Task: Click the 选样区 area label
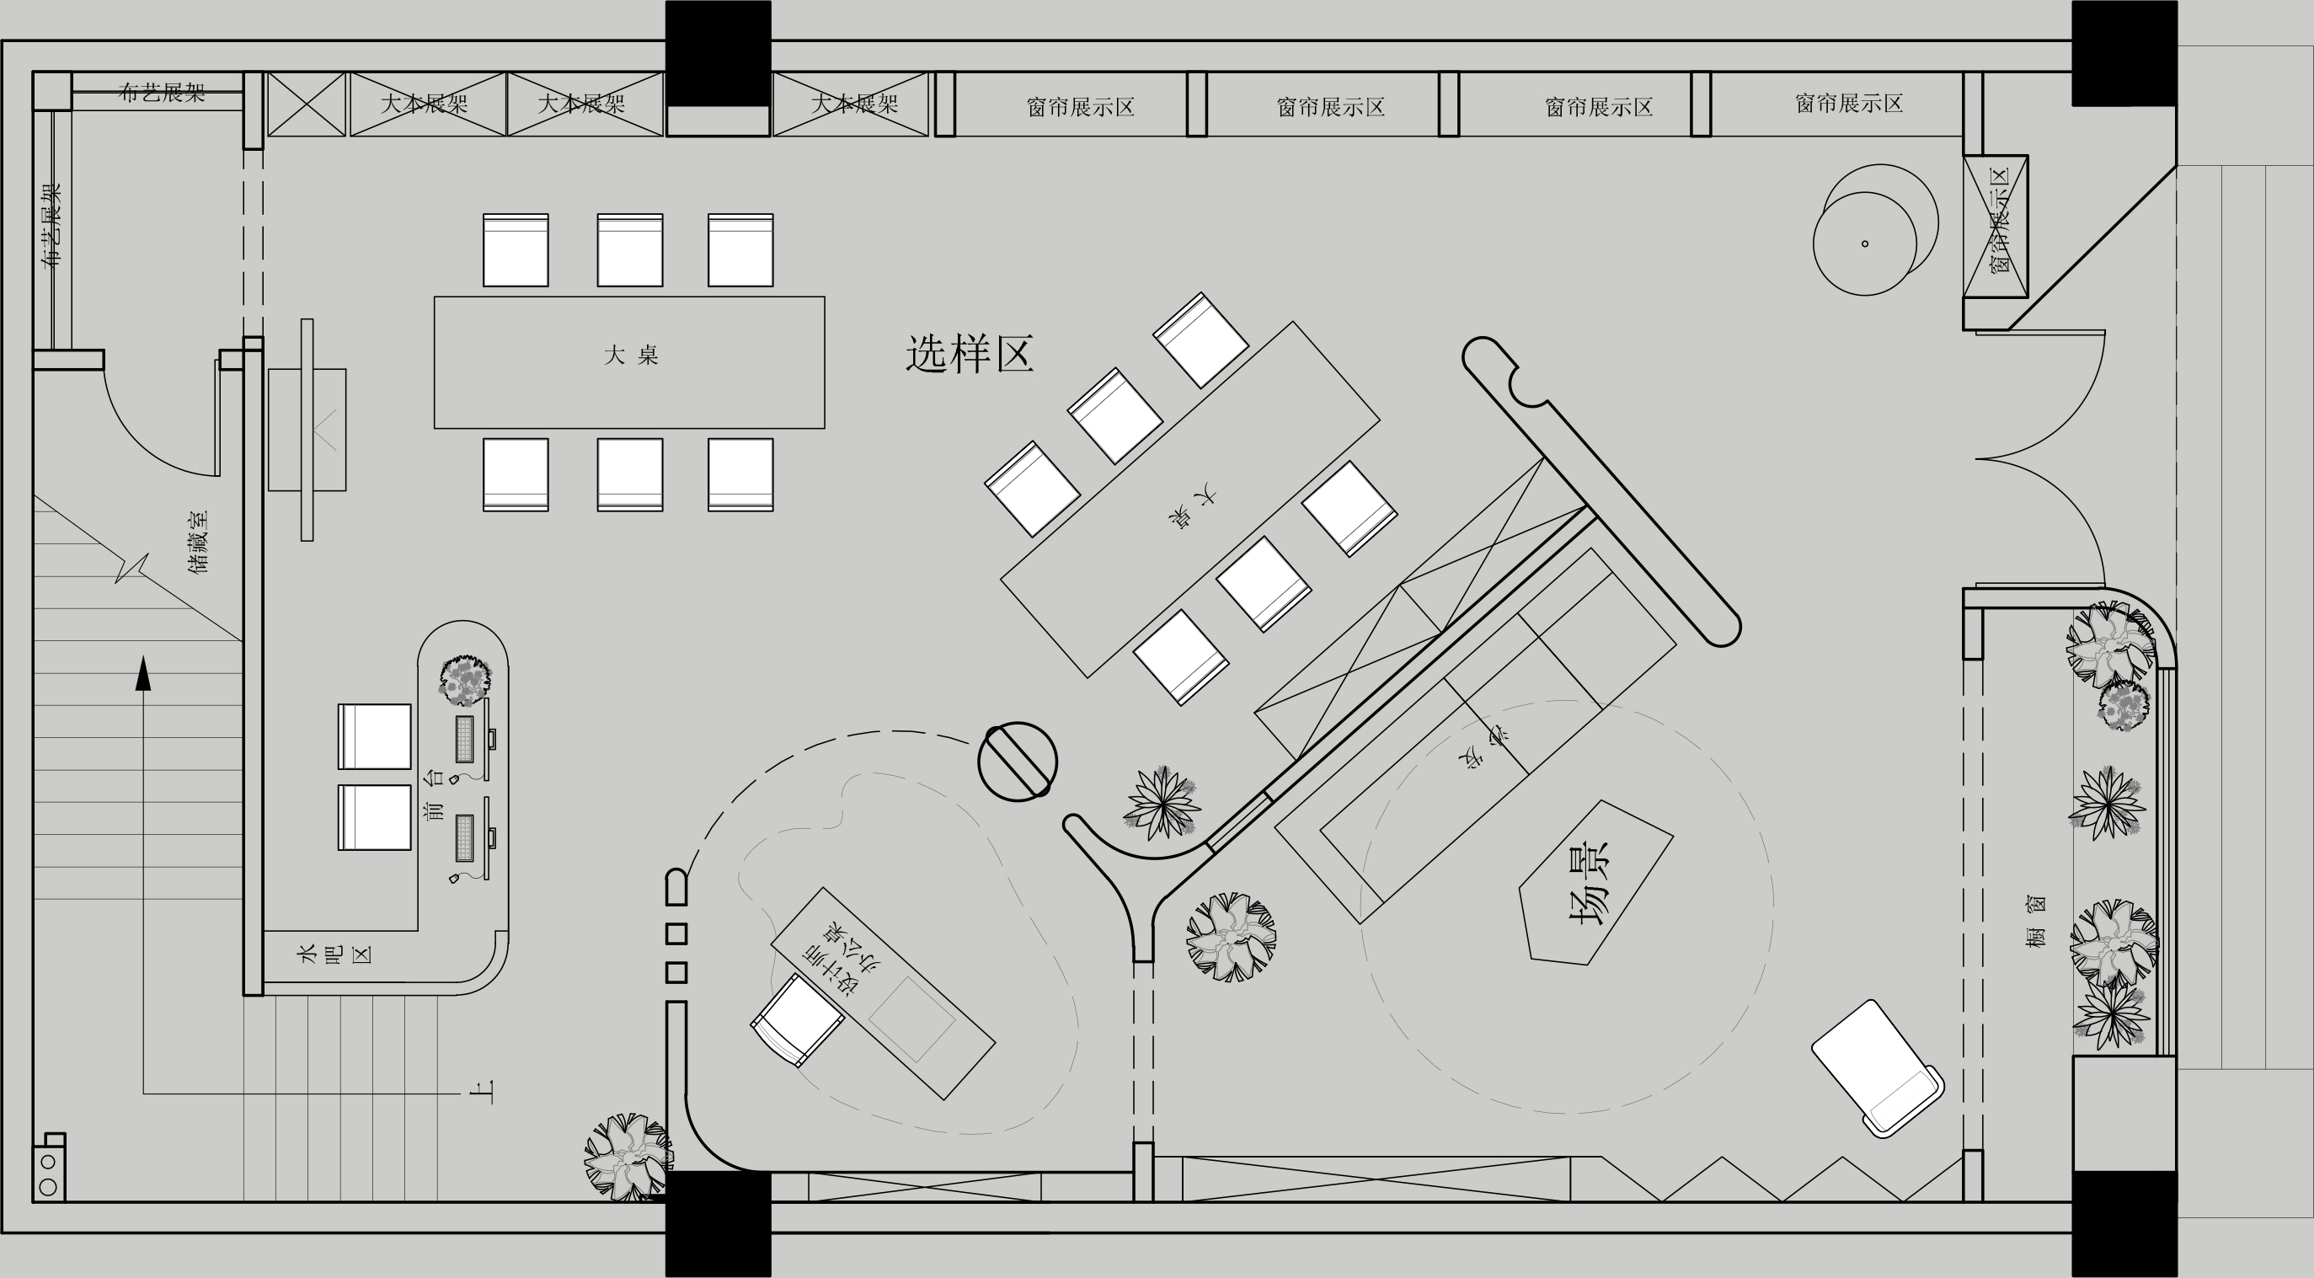pos(970,354)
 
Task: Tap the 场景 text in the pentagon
pos(1589,882)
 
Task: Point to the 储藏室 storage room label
pos(199,542)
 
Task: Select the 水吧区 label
pos(334,954)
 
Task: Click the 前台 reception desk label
pos(434,796)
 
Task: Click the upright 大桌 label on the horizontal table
pos(631,356)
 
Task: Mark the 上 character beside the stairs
pos(483,1091)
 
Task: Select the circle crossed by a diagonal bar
pos(1017,761)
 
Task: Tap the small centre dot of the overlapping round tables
pos(1865,243)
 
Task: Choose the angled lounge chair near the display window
pos(1877,1068)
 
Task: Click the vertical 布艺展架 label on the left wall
pos(51,226)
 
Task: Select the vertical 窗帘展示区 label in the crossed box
pos(1996,226)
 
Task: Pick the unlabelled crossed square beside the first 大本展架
pos(307,104)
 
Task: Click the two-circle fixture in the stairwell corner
pos(49,1174)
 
